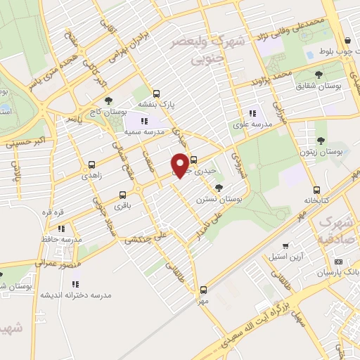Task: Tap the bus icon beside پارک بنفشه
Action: [156, 93]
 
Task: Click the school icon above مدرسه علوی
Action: [252, 114]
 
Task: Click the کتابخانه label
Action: [317, 200]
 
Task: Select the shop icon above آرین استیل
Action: [285, 246]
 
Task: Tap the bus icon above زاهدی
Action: [91, 166]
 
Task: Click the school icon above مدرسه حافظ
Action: [62, 229]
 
